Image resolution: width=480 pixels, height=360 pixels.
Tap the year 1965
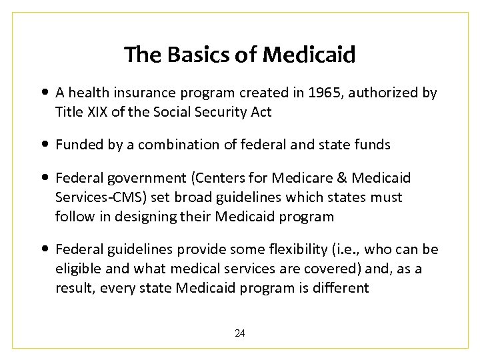[x=323, y=93]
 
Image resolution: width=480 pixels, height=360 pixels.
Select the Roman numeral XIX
[x=97, y=111]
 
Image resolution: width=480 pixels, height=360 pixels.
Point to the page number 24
[x=239, y=333]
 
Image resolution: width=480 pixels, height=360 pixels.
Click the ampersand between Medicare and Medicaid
[x=341, y=178]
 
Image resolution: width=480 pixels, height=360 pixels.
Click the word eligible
[x=79, y=269]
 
